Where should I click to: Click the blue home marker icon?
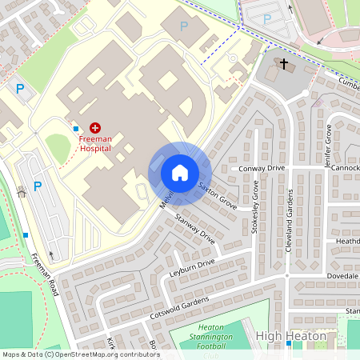tap(180, 172)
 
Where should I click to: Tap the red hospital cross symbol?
tap(96, 127)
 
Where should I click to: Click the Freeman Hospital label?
tap(96, 142)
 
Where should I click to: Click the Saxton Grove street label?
tap(218, 195)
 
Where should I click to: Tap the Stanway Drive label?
tap(196, 229)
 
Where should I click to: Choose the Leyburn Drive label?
tap(192, 267)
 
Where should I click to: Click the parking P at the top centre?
tap(184, 26)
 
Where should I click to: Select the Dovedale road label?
tap(342, 276)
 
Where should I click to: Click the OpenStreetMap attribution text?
tap(80, 354)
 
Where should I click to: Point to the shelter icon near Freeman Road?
tap(21, 191)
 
